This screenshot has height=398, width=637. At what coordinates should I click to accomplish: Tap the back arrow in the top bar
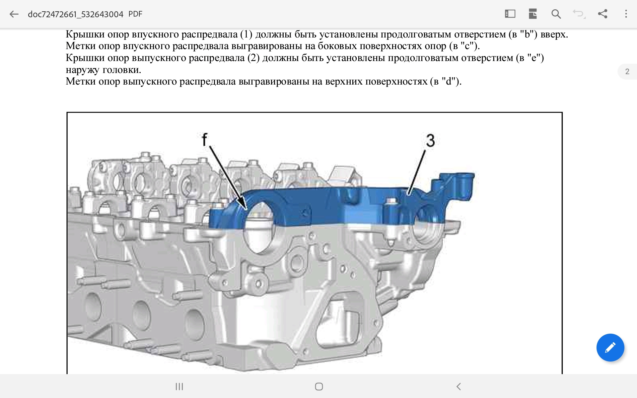pyautogui.click(x=14, y=14)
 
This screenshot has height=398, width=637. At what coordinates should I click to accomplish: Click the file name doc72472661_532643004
pyautogui.click(x=76, y=14)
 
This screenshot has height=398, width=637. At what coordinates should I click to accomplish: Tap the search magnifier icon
pyautogui.click(x=556, y=14)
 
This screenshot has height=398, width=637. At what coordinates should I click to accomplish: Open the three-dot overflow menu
pyautogui.click(x=626, y=14)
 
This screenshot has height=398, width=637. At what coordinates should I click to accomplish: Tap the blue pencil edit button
pyautogui.click(x=610, y=347)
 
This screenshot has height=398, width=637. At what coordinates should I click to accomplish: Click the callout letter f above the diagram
pyautogui.click(x=205, y=139)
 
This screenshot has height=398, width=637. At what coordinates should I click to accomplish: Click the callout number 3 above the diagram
pyautogui.click(x=430, y=140)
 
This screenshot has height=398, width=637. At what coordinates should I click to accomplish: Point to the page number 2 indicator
pyautogui.click(x=627, y=72)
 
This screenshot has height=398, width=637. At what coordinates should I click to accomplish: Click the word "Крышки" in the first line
pyautogui.click(x=85, y=34)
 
